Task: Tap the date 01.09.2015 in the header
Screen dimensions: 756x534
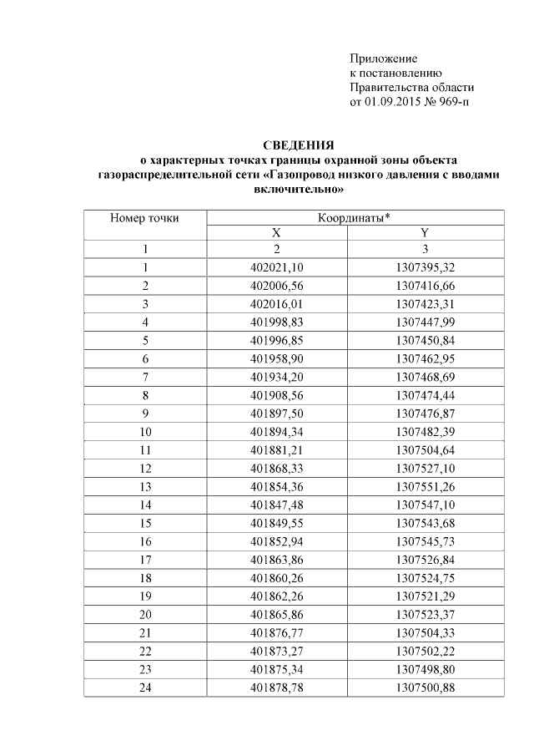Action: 392,102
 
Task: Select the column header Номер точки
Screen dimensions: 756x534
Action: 144,218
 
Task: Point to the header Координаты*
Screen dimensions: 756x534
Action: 354,218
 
